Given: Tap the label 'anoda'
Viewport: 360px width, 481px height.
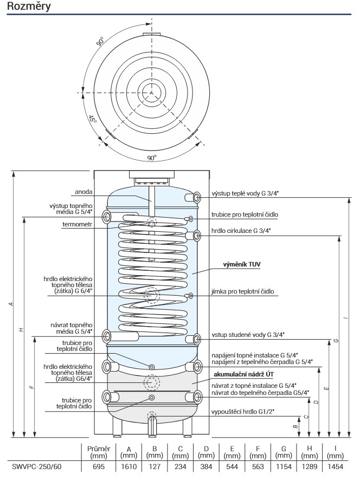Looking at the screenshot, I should coord(83,191).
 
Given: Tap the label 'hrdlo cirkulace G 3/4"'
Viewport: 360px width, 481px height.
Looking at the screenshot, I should coord(241,231).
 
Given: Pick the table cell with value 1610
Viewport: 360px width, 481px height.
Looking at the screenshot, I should coord(129,467).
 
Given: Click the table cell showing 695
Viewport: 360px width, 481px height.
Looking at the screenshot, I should coord(99,467).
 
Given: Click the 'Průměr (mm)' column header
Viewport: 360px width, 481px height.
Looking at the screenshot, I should coord(99,452).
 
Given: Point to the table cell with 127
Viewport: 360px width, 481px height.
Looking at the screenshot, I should coord(155,467).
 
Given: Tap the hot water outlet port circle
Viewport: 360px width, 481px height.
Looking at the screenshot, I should coord(190,197).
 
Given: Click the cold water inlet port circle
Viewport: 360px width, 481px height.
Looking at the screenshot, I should coord(190,339).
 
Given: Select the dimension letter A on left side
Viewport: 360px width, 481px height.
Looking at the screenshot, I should coord(11,304).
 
